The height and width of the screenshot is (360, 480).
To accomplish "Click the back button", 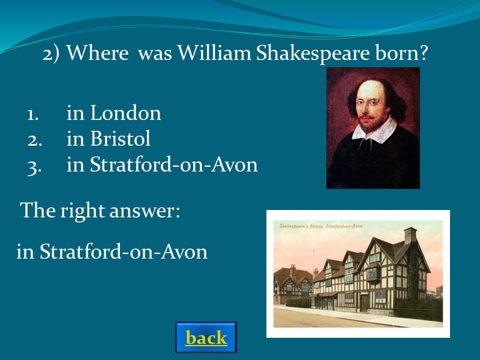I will tap(206, 338).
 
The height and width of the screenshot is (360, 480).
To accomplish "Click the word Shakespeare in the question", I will tap(308, 54).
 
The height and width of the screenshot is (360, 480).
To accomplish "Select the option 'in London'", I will tap(113, 113).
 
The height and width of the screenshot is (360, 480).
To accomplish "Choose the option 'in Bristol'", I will tap(108, 139).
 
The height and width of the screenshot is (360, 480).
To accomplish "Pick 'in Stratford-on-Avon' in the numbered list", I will tap(161, 165).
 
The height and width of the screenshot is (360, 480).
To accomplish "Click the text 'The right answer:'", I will tap(100, 211).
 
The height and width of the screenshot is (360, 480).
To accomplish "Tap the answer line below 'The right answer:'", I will tap(112, 252).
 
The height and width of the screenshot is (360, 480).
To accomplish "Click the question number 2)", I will tap(52, 54).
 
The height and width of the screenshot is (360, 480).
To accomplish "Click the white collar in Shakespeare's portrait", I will tap(373, 129).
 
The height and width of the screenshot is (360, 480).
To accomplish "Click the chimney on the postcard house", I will tap(410, 235).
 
